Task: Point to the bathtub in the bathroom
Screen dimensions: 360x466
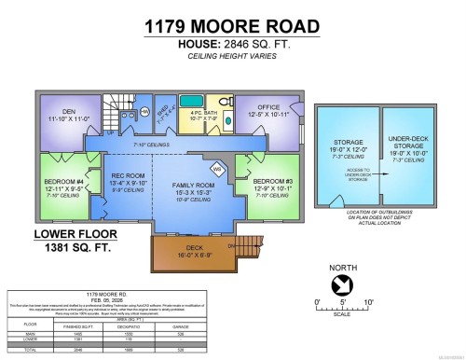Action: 203,101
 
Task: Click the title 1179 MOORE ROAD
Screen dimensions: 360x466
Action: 232,27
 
